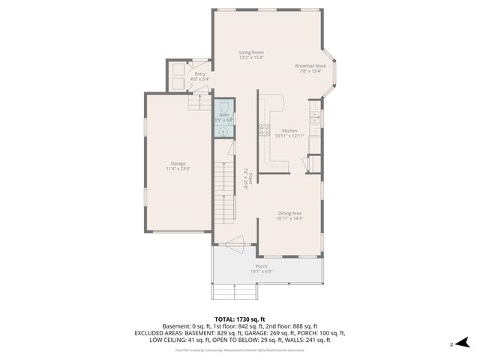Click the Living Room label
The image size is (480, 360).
[251, 52]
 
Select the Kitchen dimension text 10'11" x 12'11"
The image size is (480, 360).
[289, 136]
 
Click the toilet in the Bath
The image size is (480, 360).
[223, 106]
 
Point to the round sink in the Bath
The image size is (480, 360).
[223, 130]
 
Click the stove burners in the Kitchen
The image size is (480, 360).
[264, 130]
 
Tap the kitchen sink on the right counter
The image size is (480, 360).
[315, 117]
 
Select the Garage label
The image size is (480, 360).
[178, 163]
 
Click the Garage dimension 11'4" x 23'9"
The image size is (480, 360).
[178, 169]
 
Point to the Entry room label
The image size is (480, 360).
[199, 73]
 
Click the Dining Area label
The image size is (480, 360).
[289, 213]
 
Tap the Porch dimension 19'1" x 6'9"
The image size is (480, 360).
[261, 271]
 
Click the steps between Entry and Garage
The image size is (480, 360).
[199, 101]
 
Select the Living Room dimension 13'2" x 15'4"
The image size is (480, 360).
[251, 58]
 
